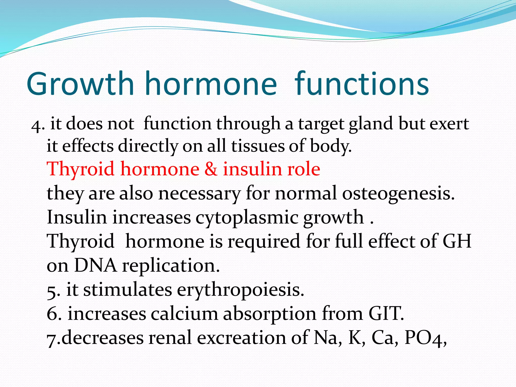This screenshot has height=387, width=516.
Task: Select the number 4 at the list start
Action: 36,125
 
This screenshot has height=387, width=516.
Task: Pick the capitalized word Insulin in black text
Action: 77,217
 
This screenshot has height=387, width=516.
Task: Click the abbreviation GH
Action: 457,241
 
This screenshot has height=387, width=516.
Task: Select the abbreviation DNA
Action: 95,266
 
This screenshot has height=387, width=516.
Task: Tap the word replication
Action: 171,266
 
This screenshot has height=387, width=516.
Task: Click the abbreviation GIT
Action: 386,314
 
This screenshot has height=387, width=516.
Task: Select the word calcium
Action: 184,314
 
